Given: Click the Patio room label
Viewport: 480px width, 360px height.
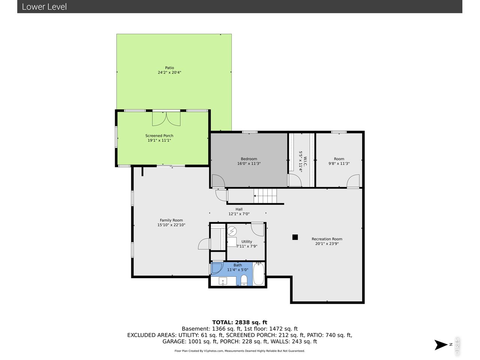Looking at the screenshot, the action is click(x=169, y=68).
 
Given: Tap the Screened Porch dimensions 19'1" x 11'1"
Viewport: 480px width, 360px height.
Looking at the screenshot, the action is click(x=159, y=140).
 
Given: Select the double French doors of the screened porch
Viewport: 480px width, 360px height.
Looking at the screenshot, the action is click(x=166, y=119).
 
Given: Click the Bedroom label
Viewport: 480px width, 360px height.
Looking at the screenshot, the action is click(x=249, y=159).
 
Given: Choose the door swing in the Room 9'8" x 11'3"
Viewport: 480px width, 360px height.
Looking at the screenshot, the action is click(x=353, y=181).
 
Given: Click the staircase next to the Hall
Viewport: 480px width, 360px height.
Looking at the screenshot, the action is click(x=265, y=196).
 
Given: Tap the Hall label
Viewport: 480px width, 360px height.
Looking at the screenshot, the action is click(x=239, y=209).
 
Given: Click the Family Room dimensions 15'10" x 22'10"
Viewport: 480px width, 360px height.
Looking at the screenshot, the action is click(x=171, y=225).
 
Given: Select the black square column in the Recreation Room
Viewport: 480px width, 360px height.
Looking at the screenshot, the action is click(x=295, y=237).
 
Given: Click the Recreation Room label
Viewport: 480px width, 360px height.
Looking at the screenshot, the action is click(x=327, y=239).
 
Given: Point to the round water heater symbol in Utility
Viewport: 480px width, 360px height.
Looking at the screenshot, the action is click(x=232, y=231).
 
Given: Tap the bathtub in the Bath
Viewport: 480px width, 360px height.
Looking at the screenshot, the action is click(x=259, y=274).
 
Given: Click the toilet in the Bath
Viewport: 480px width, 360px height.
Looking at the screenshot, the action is click(x=244, y=280).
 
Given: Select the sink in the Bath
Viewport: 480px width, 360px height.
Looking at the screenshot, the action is click(x=223, y=281).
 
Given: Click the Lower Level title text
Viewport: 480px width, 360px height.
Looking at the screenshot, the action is click(x=44, y=7).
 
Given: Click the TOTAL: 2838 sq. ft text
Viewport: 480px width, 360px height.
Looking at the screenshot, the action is click(x=240, y=322).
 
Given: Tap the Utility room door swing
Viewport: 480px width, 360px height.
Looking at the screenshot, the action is click(x=257, y=229).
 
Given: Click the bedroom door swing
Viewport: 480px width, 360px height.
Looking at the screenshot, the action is click(x=219, y=181).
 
